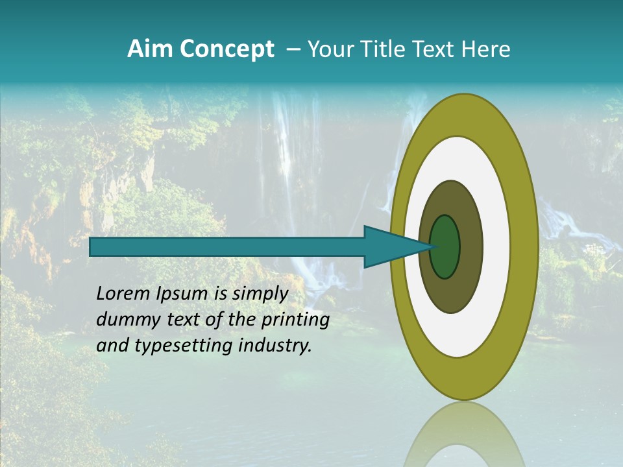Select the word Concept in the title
click(226, 49)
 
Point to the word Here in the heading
click(485, 49)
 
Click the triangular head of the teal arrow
click(389, 247)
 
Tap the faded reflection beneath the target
click(464, 438)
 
